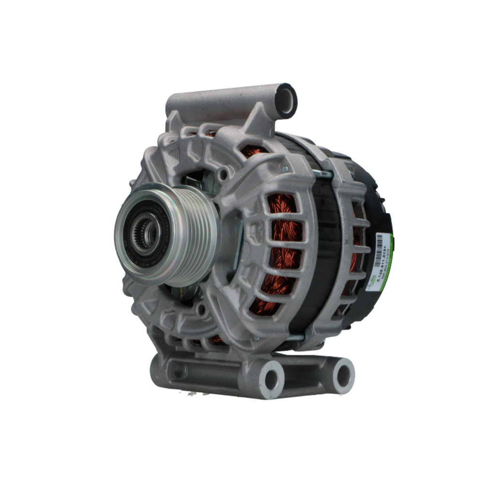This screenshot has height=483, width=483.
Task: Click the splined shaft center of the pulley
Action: (144, 233)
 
